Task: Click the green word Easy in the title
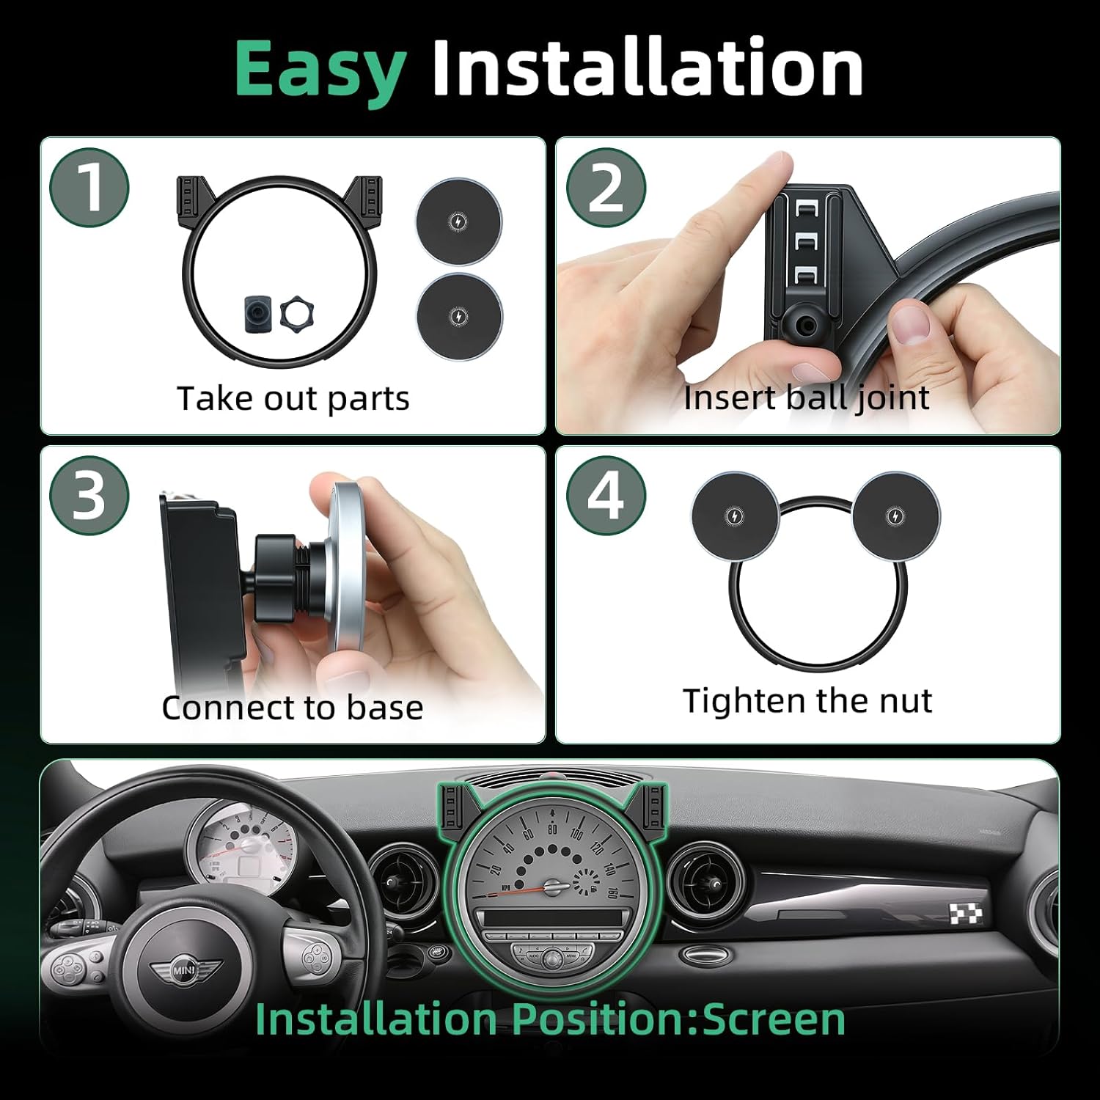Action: [x=320, y=69]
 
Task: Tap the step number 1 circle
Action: [x=89, y=188]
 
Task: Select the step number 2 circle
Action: [x=606, y=188]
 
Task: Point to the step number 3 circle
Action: [x=89, y=496]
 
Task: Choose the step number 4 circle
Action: [x=606, y=496]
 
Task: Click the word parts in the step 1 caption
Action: [x=368, y=400]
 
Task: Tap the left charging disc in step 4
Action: [x=735, y=516]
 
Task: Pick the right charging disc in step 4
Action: [x=895, y=516]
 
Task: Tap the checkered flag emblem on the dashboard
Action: [x=966, y=914]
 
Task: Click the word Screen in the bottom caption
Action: [x=774, y=1019]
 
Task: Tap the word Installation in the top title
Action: [x=647, y=69]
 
